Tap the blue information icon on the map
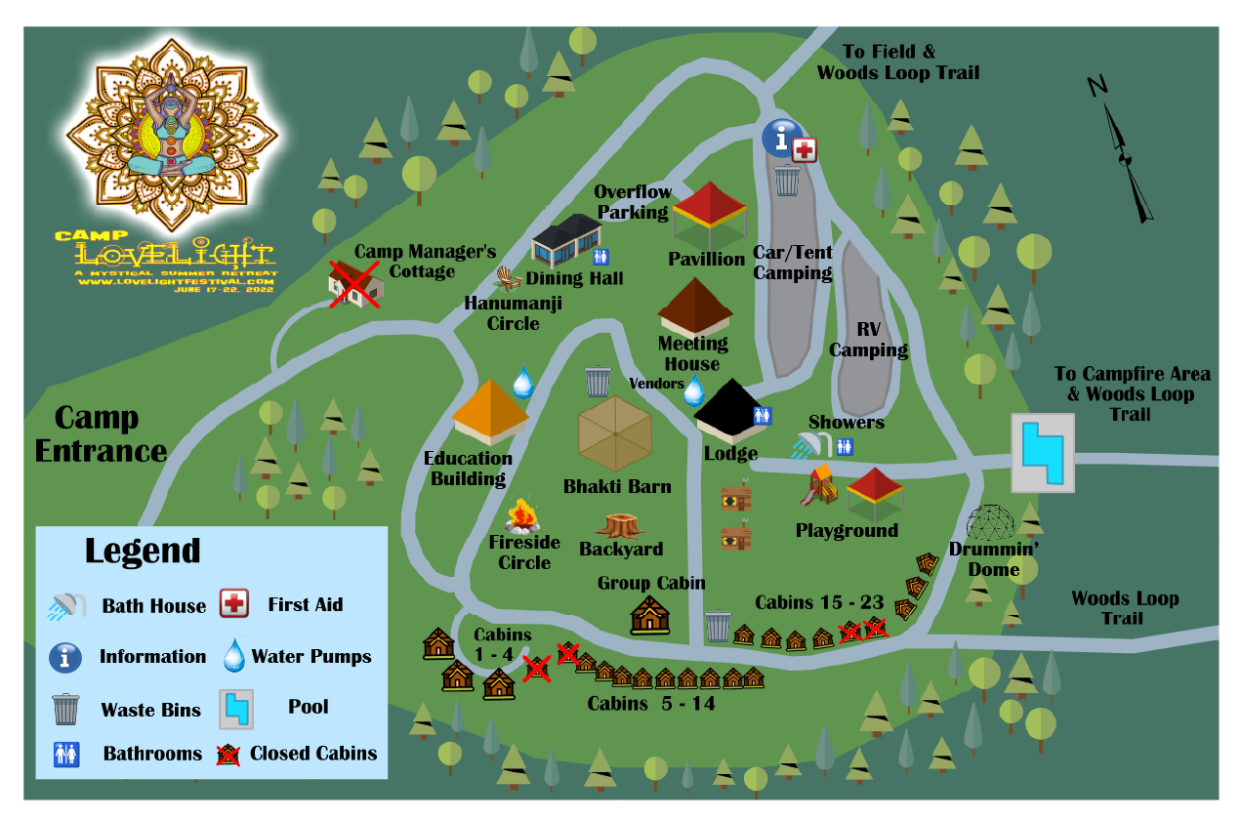point(781,139)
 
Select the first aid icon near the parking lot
point(805,150)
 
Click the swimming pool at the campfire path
point(1042,453)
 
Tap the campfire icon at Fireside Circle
point(522,515)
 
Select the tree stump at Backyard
point(620,526)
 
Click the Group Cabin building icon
point(650,615)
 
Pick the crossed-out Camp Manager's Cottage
point(354,284)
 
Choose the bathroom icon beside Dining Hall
point(601,257)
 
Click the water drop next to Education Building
point(523,382)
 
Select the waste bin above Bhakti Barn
point(598,381)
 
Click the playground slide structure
point(820,485)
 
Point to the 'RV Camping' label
point(868,340)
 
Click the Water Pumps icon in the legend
point(234,655)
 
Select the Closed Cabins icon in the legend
point(228,753)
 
